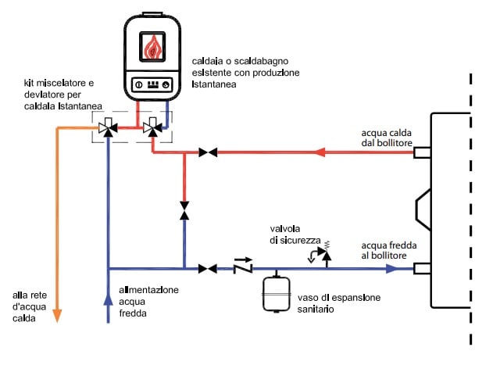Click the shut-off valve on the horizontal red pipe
(207, 152)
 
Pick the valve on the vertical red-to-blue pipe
(184, 211)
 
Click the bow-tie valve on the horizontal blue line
(207, 269)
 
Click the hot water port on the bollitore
(422, 152)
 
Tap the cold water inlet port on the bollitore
(422, 269)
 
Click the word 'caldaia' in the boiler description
(206, 61)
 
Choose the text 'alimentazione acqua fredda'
(148, 302)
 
